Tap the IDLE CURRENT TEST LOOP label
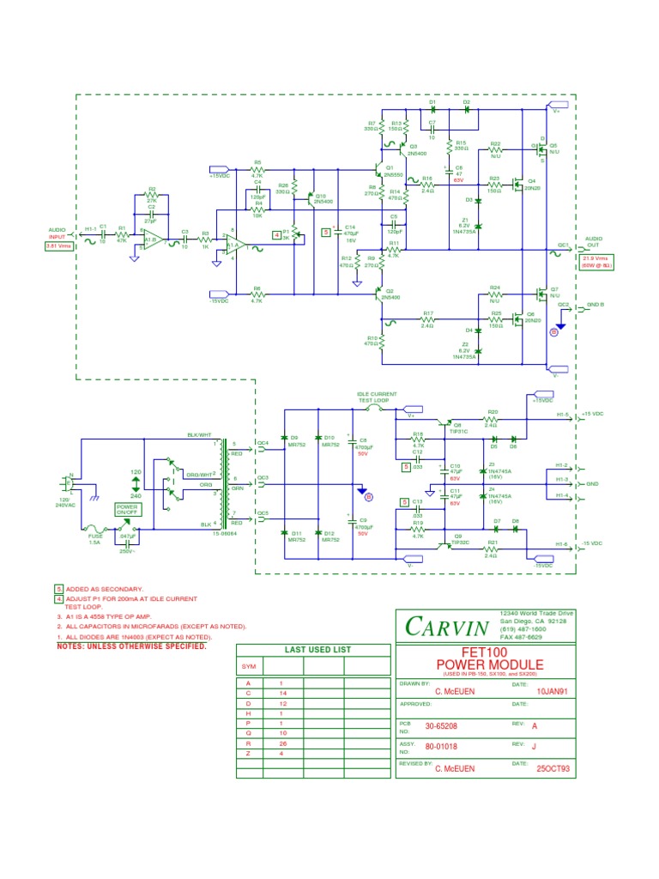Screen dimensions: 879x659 pyautogui.click(x=378, y=397)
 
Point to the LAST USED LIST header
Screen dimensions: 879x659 pyautogui.click(x=311, y=650)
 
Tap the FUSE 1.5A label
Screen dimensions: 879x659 pyautogui.click(x=96, y=539)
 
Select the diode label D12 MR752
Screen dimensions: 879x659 pyautogui.click(x=329, y=537)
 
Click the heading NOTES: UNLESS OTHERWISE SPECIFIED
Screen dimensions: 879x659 pyautogui.click(x=131, y=646)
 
